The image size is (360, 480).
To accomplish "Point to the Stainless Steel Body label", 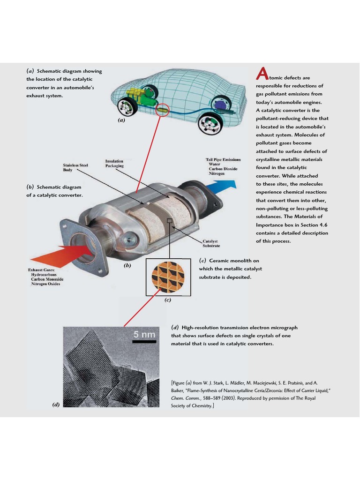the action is [x=75, y=167].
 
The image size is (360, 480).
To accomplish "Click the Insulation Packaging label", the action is [x=114, y=164].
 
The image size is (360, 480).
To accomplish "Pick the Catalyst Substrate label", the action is [x=211, y=243].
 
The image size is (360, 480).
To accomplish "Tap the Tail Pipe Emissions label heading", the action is [x=223, y=159].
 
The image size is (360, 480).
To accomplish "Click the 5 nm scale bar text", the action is [x=144, y=335].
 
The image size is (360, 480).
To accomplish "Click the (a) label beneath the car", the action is [x=122, y=120].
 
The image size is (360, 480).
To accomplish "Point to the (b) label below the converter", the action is [x=127, y=265].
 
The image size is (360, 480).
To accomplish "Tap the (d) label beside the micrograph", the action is [x=56, y=404].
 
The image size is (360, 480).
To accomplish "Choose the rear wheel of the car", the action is [x=209, y=125].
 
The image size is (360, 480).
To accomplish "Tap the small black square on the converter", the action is [x=170, y=220].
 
